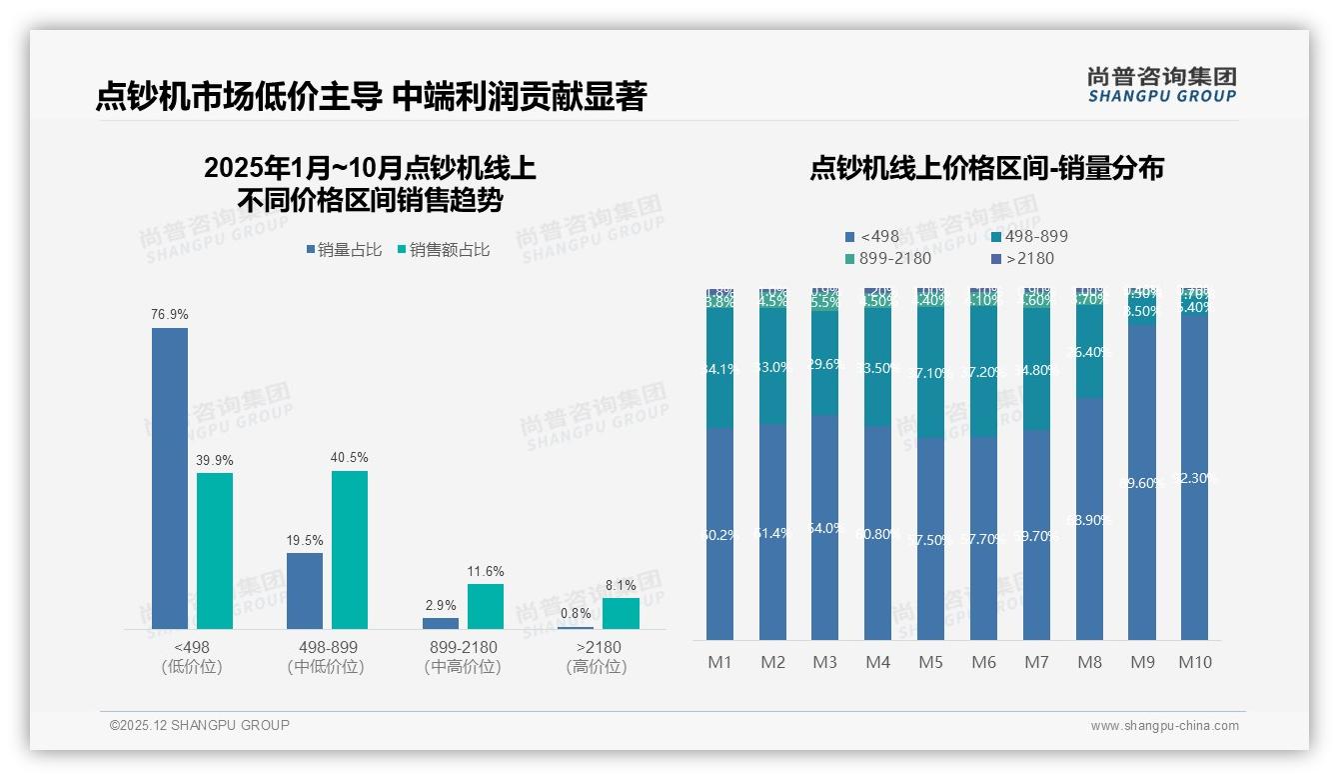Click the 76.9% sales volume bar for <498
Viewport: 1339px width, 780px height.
(x=170, y=478)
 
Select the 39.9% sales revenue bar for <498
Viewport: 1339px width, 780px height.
(x=215, y=550)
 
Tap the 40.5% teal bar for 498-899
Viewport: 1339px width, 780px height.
(x=350, y=549)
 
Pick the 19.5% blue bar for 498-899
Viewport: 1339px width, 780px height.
(x=305, y=590)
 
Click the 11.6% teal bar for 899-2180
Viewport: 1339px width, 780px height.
(x=485, y=606)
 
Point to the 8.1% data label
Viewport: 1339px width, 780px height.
(x=620, y=586)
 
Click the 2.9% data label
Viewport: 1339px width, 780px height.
(x=440, y=606)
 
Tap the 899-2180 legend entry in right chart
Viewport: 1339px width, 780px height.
(x=888, y=259)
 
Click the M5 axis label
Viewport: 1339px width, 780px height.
(x=930, y=662)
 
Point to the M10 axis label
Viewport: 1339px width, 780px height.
(x=1194, y=662)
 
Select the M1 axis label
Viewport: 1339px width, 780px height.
(x=719, y=662)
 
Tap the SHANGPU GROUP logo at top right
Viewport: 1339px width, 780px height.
(x=1161, y=85)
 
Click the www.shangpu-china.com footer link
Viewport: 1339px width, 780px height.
(x=1164, y=726)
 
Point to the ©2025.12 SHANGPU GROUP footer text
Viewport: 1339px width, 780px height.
(x=200, y=725)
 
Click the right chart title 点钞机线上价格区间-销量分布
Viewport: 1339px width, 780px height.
(x=986, y=169)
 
